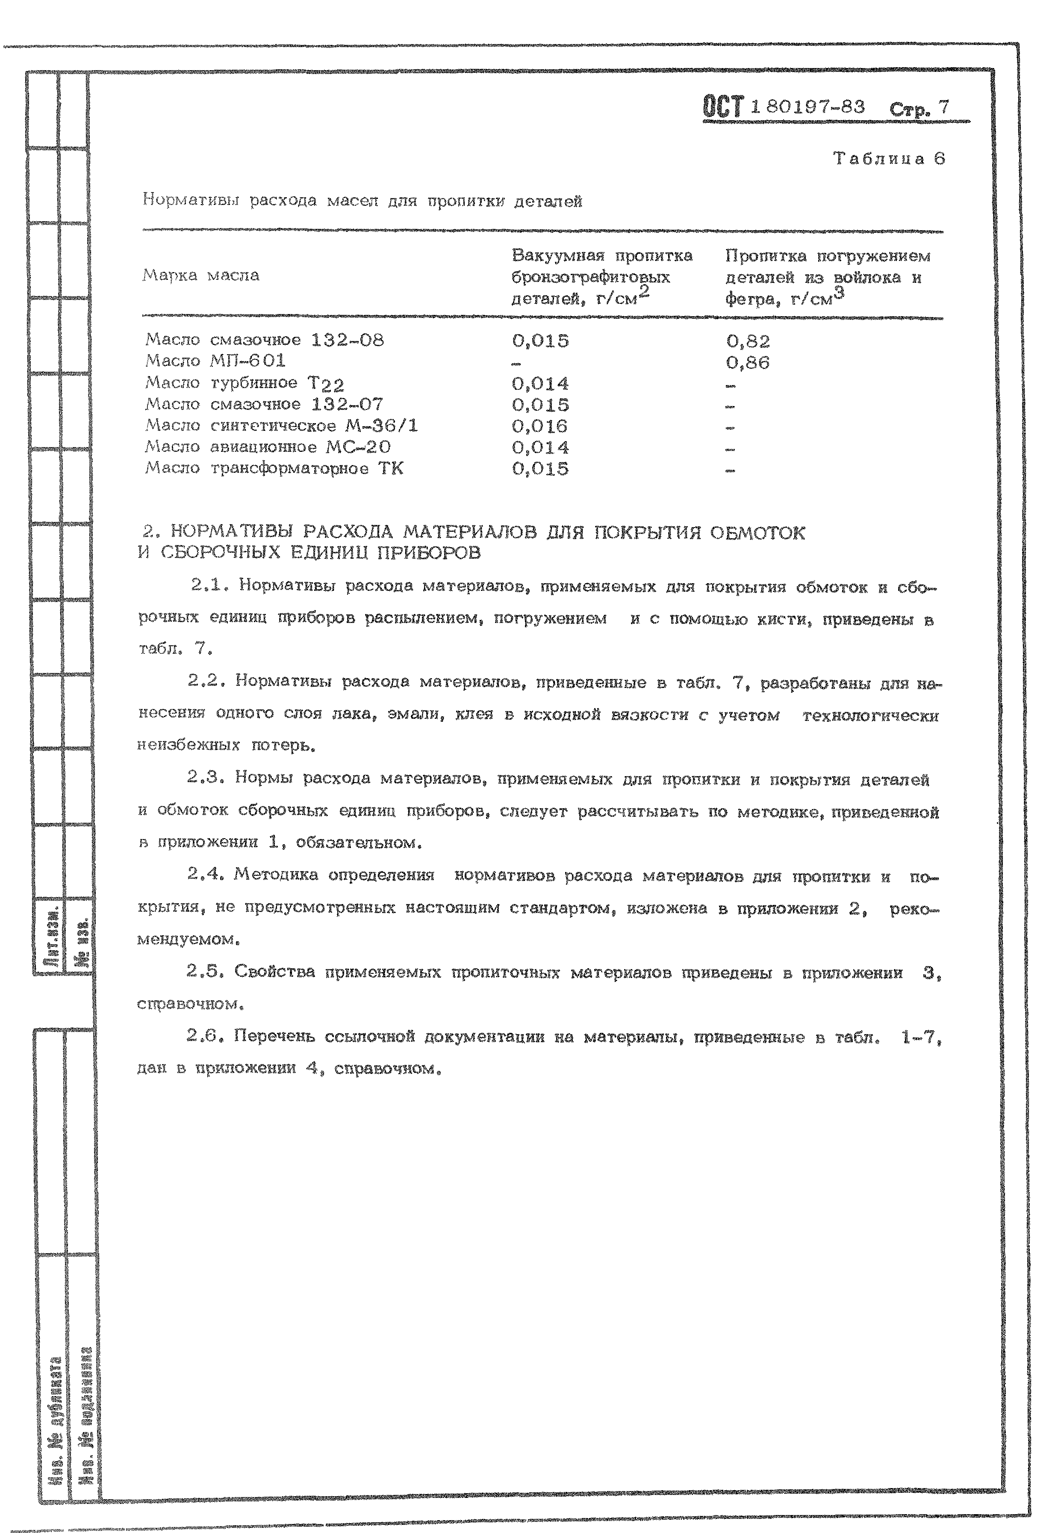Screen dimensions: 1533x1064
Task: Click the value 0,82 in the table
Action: coord(748,341)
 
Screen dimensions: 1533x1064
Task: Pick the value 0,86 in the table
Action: coord(748,363)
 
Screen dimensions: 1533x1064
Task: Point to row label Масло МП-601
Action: coord(215,361)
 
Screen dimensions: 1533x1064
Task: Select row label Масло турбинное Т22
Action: coord(245,384)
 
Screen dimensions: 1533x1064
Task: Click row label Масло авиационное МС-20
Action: coord(268,447)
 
